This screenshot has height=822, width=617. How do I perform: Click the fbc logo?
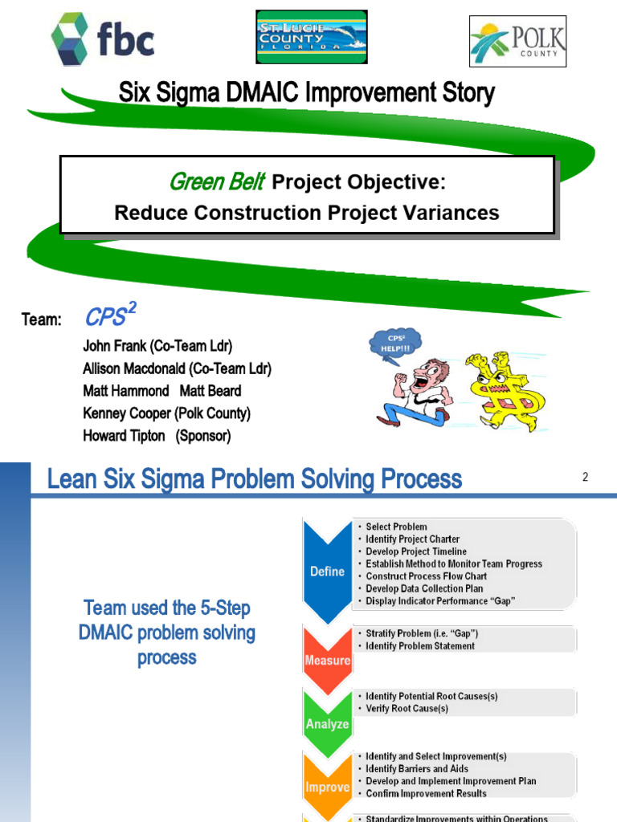tap(102, 39)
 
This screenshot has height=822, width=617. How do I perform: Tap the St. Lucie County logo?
tap(311, 37)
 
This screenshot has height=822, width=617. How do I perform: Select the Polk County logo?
tap(517, 41)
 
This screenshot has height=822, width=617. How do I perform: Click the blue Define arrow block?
tap(328, 572)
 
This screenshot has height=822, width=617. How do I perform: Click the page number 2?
tap(586, 477)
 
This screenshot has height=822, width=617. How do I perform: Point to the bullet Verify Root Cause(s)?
tap(407, 709)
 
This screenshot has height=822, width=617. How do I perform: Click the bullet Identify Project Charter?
tap(412, 539)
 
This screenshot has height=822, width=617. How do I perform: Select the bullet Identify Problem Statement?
tap(419, 646)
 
